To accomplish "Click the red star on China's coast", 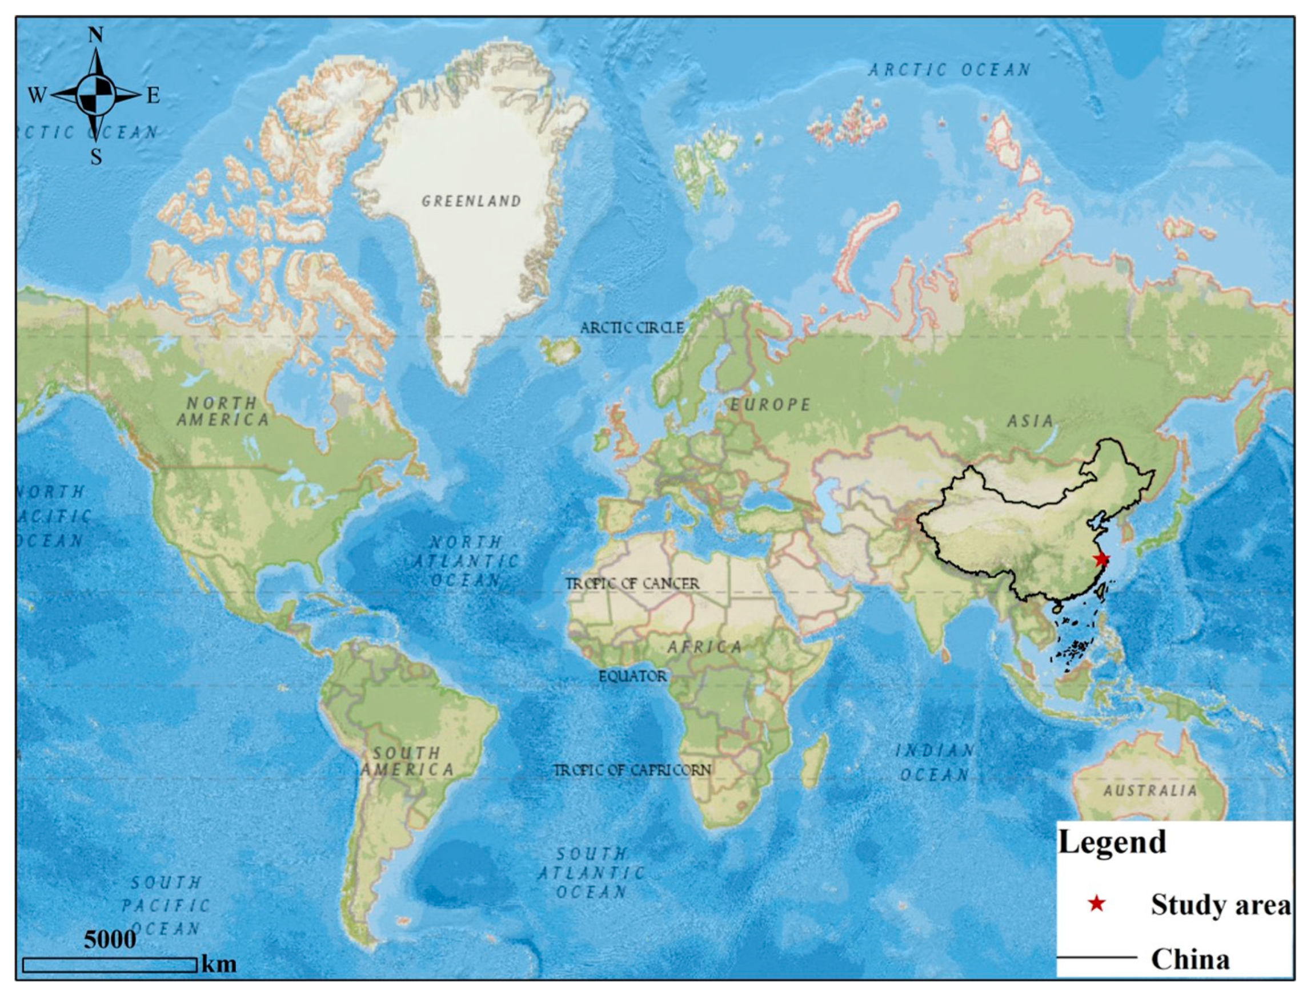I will (1101, 559).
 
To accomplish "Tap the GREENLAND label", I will (471, 201).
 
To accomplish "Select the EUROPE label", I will (769, 405).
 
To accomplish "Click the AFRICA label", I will (704, 647).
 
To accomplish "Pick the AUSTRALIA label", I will (1150, 791).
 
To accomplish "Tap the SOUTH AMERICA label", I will (407, 761).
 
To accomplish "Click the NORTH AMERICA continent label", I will (223, 412).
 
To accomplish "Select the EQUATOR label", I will (632, 676).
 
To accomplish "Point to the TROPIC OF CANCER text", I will (632, 584).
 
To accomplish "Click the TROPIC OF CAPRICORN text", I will (632, 770).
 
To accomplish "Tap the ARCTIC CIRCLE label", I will (632, 328).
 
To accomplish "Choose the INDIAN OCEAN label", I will (935, 763).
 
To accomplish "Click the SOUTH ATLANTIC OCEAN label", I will (591, 873).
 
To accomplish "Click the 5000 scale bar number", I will (110, 939).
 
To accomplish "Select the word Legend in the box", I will (1112, 842).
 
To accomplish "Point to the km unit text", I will (219, 964).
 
